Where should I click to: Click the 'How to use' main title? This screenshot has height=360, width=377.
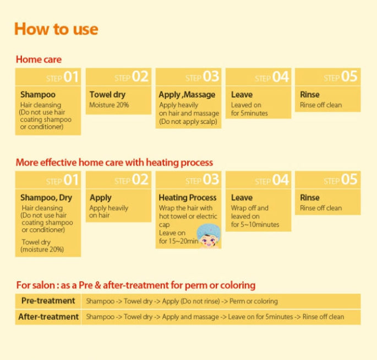(56, 29)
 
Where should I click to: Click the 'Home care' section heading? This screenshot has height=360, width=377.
(39, 59)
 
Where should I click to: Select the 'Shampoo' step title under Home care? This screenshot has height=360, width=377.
(37, 95)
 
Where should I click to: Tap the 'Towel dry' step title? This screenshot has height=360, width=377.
(107, 95)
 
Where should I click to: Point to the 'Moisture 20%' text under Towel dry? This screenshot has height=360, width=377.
(109, 105)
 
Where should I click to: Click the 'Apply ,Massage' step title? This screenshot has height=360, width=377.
(187, 95)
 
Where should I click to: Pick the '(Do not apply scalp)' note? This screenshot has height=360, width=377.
(188, 121)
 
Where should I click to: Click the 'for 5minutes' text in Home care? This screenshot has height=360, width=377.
(249, 113)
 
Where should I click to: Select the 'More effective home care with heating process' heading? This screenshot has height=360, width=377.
(114, 162)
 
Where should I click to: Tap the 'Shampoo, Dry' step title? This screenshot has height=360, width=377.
(46, 198)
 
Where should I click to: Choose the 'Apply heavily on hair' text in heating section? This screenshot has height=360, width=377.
(109, 212)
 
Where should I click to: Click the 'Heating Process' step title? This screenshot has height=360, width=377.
(188, 198)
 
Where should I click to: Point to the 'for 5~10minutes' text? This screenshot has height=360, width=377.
(255, 225)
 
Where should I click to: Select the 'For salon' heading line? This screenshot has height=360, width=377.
(135, 285)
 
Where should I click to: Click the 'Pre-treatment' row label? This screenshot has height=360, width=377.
(48, 301)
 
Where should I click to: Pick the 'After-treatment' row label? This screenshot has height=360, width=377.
(48, 317)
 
